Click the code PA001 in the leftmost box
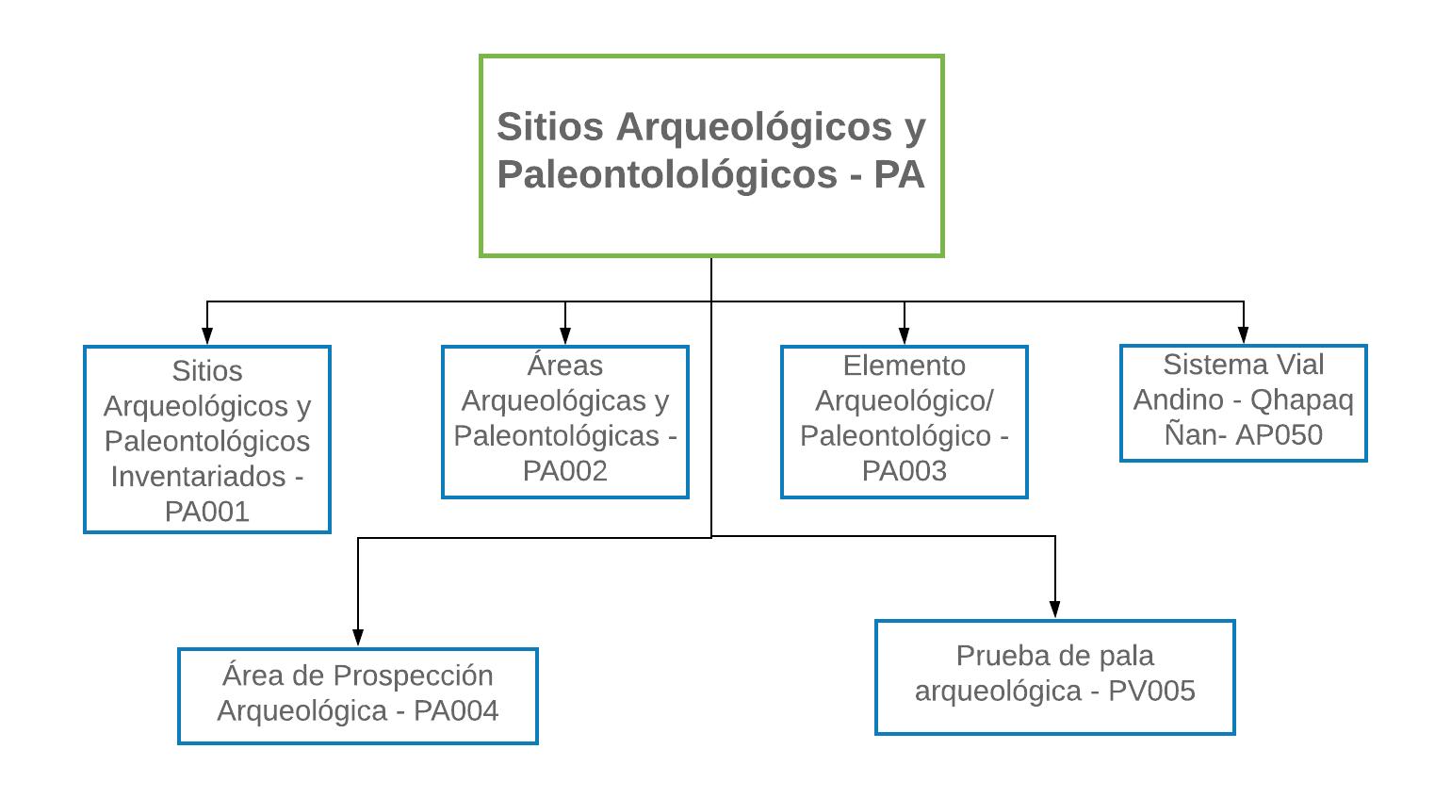coord(207,512)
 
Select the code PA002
coord(565,471)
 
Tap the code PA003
coord(905,471)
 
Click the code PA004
coord(456,710)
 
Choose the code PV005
coord(1151,691)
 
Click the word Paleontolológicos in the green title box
coord(667,175)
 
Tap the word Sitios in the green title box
coord(550,127)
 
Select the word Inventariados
coord(198,477)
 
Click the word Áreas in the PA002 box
coord(565,366)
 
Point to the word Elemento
coord(905,366)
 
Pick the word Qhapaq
coord(1301,399)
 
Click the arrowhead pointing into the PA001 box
coord(207,335)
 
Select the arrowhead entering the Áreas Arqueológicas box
coord(565,335)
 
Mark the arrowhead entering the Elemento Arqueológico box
coord(905,335)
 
